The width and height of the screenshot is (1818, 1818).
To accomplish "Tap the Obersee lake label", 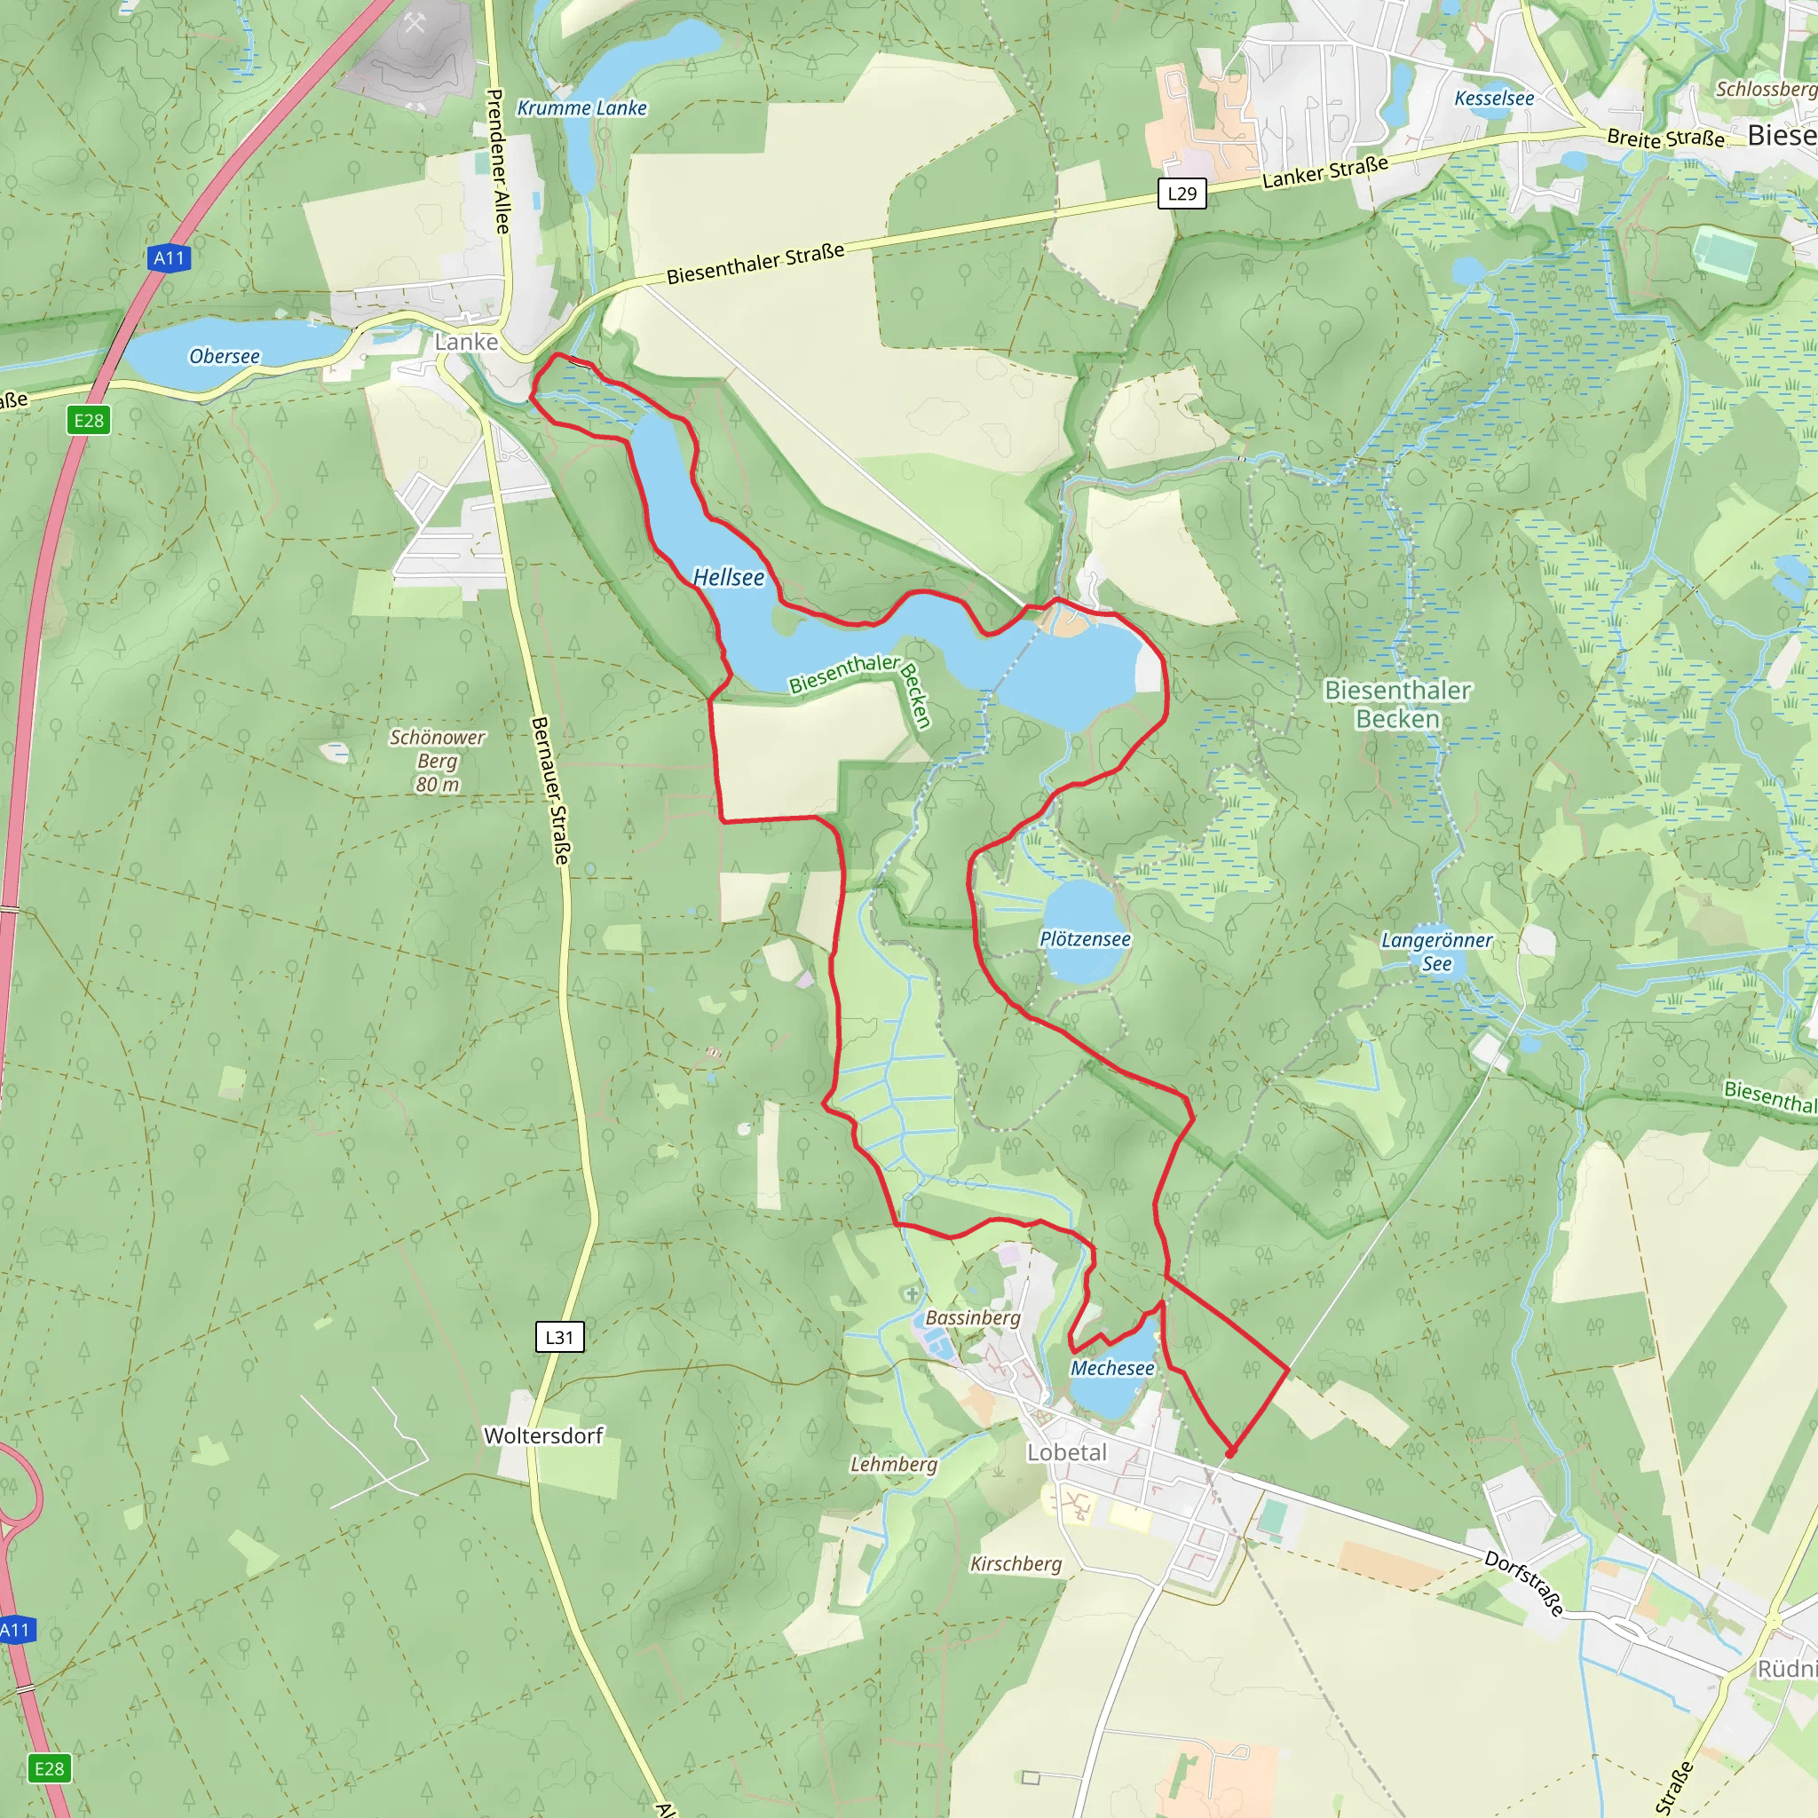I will (224, 357).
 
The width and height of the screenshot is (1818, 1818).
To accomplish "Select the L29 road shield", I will (1181, 194).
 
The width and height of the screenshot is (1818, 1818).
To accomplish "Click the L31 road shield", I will (559, 1336).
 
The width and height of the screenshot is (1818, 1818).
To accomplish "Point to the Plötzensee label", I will (1084, 939).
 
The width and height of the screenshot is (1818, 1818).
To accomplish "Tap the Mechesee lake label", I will (1111, 1368).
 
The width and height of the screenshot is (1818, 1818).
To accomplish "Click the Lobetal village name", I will (1066, 1452).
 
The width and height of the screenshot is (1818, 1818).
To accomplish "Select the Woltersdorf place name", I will (543, 1435).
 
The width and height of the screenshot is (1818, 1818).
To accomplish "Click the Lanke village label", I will (466, 342).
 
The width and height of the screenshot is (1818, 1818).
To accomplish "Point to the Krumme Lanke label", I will (581, 108).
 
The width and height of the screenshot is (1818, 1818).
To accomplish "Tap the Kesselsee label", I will (1493, 99).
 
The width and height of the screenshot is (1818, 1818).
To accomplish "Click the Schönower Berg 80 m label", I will (438, 761).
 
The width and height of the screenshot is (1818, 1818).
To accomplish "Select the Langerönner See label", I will (1436, 952).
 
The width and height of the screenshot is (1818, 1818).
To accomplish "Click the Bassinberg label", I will (972, 1317).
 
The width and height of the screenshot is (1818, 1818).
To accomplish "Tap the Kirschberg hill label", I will (1016, 1564).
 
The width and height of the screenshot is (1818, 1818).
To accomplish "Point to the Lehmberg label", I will (893, 1464).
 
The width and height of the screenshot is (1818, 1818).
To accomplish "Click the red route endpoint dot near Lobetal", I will (1229, 1454).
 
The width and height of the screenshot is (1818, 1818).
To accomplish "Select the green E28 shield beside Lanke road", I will (90, 420).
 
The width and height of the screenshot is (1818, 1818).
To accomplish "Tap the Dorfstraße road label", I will (1523, 1583).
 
